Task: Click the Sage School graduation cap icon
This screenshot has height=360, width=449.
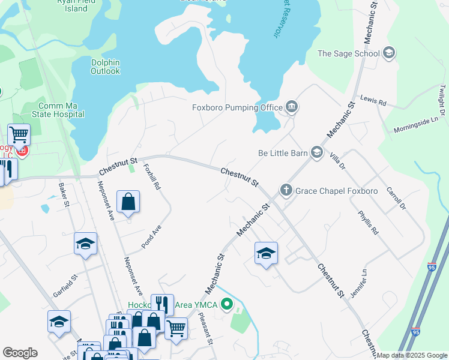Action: tap(389, 53)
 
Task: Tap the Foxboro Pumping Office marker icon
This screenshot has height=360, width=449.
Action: tap(292, 107)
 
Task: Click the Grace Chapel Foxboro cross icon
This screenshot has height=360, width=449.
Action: tap(286, 191)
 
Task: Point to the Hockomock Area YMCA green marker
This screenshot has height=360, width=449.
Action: tap(226, 305)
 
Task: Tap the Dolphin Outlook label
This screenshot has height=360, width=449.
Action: tap(105, 67)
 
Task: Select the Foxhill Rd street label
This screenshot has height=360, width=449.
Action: tap(152, 176)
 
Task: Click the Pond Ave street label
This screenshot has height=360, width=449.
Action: tap(151, 237)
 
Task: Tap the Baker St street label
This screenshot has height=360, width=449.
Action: tap(62, 196)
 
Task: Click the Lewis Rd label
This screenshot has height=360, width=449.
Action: tap(373, 100)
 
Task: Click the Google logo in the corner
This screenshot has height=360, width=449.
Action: tap(20, 353)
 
